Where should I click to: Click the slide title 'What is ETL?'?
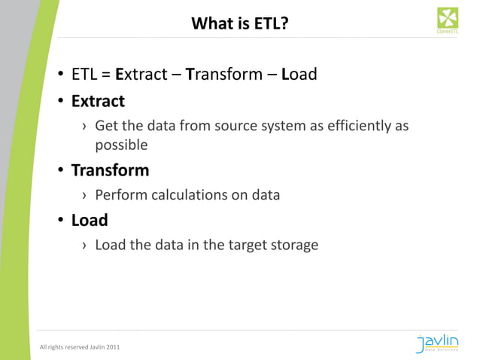point(240,24)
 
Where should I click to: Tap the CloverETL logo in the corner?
point(448,20)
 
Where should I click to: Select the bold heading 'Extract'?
point(98,100)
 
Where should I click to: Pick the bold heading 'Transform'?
point(110,170)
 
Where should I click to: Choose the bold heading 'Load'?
point(90,221)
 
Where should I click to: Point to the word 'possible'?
point(120,145)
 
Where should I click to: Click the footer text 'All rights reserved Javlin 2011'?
point(79,346)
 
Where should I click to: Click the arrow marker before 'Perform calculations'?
point(84,196)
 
